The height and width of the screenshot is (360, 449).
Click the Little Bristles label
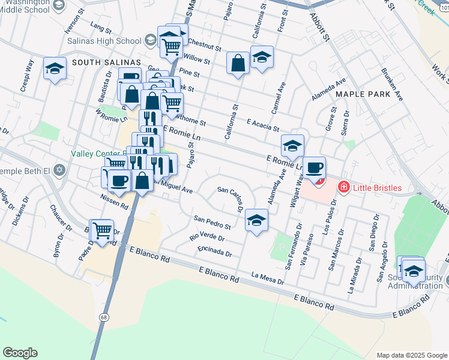(x=385, y=188)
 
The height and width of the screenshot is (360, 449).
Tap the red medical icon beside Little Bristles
(x=343, y=188)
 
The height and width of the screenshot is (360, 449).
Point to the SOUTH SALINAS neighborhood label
(x=106, y=62)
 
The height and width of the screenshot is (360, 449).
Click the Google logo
(x=20, y=353)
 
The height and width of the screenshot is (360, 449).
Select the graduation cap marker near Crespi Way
(x=55, y=68)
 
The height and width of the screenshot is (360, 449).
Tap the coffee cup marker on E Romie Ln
(x=314, y=167)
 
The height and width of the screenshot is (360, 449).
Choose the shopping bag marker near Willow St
(x=238, y=62)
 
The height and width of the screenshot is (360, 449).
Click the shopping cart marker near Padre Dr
(x=103, y=229)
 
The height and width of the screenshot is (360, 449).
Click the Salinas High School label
(x=106, y=41)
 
